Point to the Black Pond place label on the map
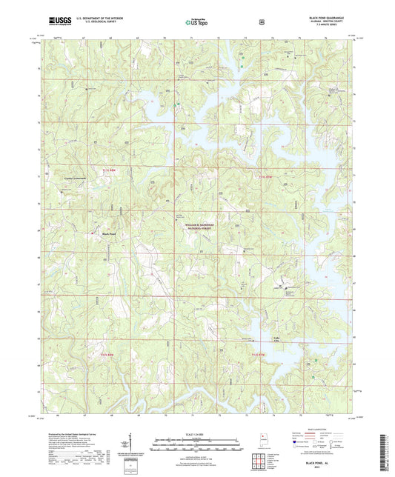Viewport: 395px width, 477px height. point(108,235)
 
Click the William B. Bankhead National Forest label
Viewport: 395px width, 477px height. point(196,227)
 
